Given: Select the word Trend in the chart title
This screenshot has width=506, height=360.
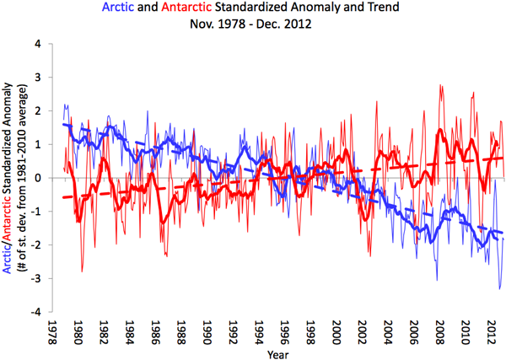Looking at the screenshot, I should click(x=378, y=8).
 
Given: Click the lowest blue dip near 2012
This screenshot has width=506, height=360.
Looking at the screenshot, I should click(x=499, y=289).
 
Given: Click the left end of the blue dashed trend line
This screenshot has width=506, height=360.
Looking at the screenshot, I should click(x=64, y=125).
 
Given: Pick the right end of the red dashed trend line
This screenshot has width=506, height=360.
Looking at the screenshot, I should click(x=503, y=158).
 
